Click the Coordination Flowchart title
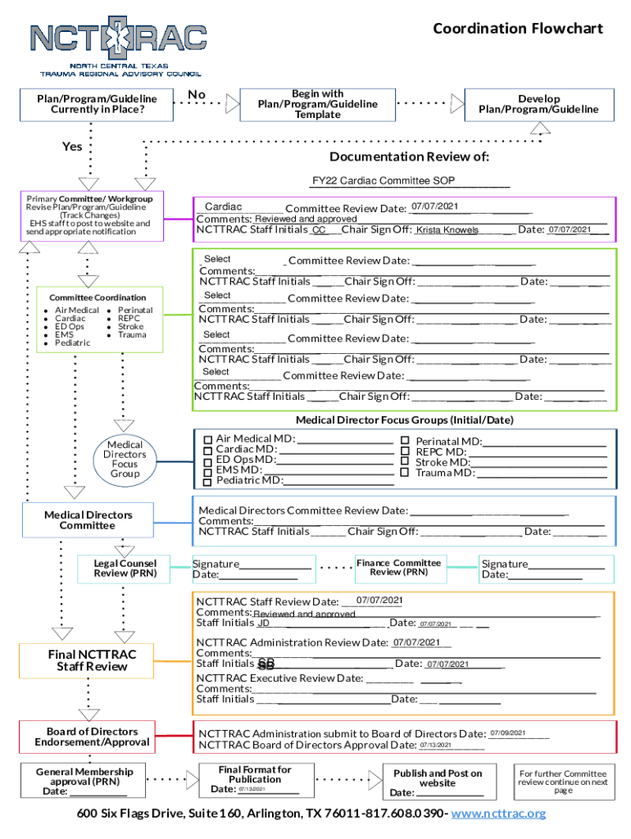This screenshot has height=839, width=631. coord(517,29)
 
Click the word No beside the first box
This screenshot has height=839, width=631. coord(197,95)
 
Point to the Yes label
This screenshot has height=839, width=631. coord(72,147)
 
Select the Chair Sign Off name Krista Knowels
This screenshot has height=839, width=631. coord(447,230)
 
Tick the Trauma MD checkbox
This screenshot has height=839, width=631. coord(404,472)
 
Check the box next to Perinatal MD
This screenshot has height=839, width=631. coord(404,441)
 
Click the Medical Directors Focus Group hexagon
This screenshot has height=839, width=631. coord(125,460)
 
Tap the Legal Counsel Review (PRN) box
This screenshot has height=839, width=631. coord(125,568)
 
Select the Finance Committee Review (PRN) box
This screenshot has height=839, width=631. coord(398,567)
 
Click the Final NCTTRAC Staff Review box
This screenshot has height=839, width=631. coord(91,660)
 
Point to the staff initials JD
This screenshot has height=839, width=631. coord(264,624)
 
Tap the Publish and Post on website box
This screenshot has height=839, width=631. coord(438,782)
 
